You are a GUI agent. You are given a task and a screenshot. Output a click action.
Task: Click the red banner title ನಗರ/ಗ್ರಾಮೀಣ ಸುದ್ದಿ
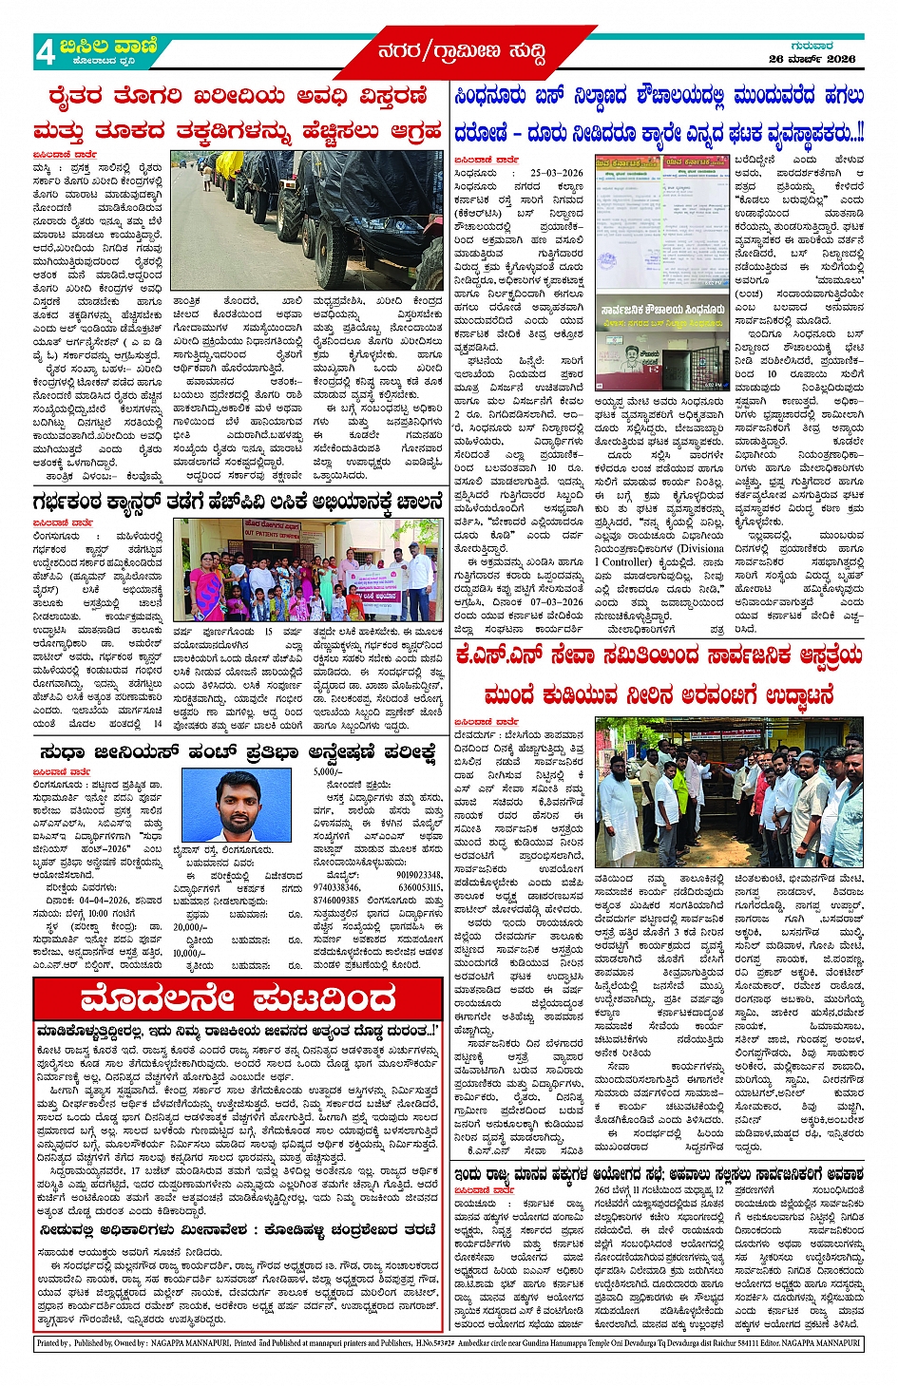click(462, 51)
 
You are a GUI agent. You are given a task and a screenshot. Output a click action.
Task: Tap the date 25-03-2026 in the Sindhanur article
click(557, 174)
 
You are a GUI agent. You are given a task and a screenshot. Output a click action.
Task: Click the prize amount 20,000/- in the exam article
click(190, 926)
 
